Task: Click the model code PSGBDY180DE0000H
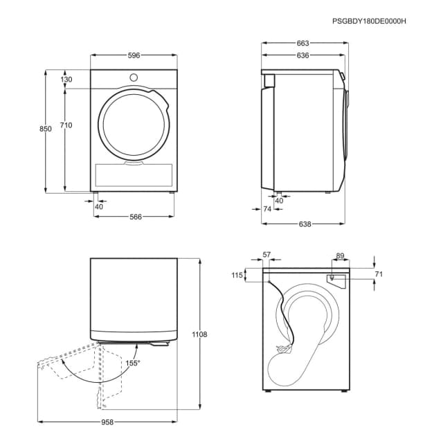tap(369, 21)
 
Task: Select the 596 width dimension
tap(134, 56)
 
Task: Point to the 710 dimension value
tap(66, 125)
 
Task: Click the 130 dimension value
tap(66, 80)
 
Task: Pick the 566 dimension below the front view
tap(135, 217)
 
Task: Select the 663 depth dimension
tap(302, 43)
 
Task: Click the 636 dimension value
tap(302, 56)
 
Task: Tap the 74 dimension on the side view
tap(267, 208)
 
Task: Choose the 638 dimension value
tap(305, 224)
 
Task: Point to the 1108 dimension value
tap(199, 334)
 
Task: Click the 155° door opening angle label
tap(132, 363)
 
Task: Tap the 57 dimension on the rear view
tap(268, 255)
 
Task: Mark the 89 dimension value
tap(340, 256)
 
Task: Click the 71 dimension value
tap(379, 274)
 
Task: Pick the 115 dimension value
tap(237, 275)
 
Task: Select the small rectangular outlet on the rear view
tap(335, 278)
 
